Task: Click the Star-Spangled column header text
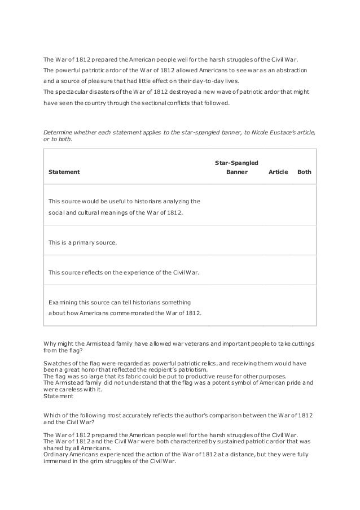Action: coord(236,163)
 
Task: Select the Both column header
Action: coord(304,172)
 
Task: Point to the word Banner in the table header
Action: coord(236,172)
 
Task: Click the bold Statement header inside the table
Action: coord(64,172)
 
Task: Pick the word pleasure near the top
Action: coord(107,81)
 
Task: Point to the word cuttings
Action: coord(301,343)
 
